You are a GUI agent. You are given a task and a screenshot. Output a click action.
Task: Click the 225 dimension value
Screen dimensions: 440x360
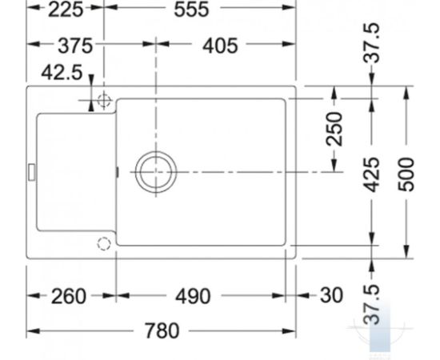66,10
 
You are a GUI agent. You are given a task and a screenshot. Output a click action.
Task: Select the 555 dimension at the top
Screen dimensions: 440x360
191,10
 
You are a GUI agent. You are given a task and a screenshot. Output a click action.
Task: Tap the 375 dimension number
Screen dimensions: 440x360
75,46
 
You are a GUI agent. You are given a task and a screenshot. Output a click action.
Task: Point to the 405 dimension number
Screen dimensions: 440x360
220,46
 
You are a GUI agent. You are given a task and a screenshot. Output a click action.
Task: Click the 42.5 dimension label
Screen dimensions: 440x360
62,72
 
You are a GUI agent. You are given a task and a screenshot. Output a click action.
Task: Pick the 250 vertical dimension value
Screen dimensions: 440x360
334,129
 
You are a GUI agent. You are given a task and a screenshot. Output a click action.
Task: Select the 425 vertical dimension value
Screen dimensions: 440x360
371,175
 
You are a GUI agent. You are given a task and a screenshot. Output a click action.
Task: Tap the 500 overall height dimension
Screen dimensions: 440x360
406,175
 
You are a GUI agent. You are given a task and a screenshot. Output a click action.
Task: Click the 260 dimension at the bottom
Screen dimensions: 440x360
69,296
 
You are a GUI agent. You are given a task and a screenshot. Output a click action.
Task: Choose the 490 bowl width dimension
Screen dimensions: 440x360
193,296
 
